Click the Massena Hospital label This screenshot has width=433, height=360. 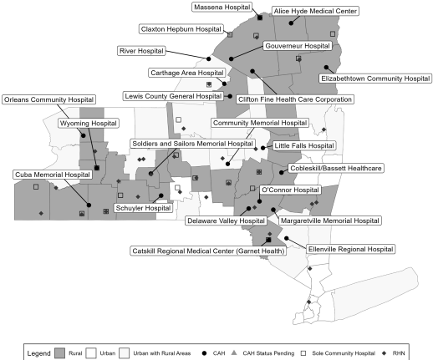pyautogui.click(x=222, y=8)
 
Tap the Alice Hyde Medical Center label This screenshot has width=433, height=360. pyautogui.click(x=315, y=11)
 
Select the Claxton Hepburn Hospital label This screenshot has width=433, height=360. pyautogui.click(x=181, y=29)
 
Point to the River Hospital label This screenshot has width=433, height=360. pyautogui.click(x=141, y=51)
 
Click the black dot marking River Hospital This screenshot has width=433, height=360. pyautogui.click(x=208, y=58)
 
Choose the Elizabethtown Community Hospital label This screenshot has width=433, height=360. pyautogui.click(x=375, y=79)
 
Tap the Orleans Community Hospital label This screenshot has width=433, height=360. pyautogui.click(x=48, y=99)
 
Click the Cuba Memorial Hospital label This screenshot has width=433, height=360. pyautogui.click(x=53, y=175)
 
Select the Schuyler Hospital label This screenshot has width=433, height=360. pyautogui.click(x=143, y=208)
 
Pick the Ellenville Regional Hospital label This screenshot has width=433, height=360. pyautogui.click(x=350, y=249)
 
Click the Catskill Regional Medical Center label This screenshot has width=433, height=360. pyautogui.click(x=208, y=251)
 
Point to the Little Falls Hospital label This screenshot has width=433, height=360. pyautogui.click(x=304, y=145)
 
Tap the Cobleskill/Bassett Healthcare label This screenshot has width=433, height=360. pyautogui.click(x=336, y=168)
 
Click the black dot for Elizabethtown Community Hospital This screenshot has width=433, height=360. pyautogui.click(x=326, y=68)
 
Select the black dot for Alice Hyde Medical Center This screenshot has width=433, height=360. pyautogui.click(x=291, y=23)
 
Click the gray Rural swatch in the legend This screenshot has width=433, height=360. pyautogui.click(x=59, y=353)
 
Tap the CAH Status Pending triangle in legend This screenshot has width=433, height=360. pyautogui.click(x=234, y=352)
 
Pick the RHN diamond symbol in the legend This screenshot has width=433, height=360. pyautogui.click(x=385, y=353)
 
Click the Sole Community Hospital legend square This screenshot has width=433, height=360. pyautogui.click(x=303, y=353)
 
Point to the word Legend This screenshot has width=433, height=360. pyautogui.click(x=38, y=353)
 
